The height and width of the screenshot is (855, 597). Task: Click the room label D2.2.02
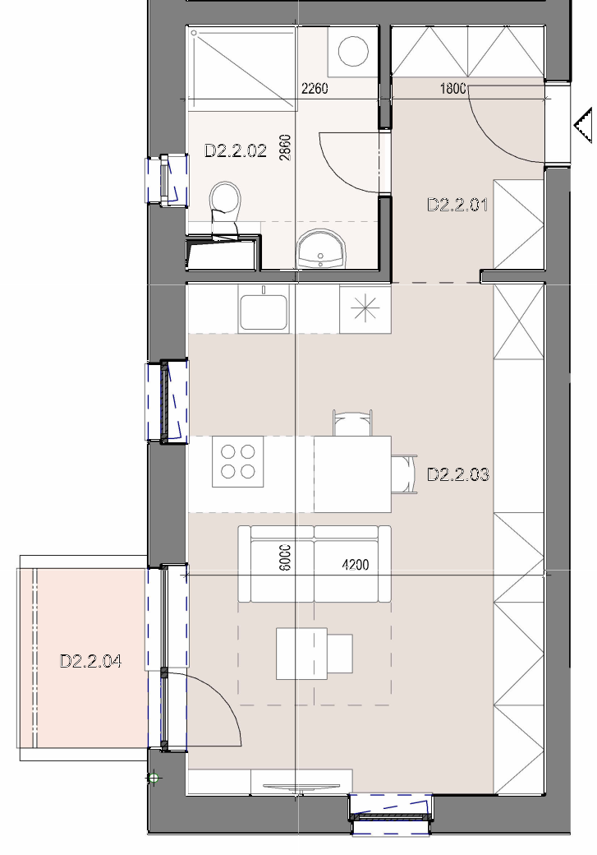[x=236, y=150]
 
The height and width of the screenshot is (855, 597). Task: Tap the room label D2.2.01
[x=457, y=205]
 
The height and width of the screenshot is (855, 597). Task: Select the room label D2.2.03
[x=458, y=474]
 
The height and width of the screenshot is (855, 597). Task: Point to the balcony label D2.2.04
[x=90, y=661]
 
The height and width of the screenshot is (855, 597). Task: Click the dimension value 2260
[x=315, y=88]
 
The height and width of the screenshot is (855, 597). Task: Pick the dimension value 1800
[x=452, y=88]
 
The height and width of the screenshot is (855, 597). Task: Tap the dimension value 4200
[x=355, y=565]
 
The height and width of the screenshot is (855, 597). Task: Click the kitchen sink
[x=264, y=312]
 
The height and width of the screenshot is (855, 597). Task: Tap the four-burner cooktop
[x=238, y=461]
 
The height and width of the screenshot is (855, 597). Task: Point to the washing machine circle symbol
[x=353, y=51]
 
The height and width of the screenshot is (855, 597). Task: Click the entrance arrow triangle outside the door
[x=583, y=126]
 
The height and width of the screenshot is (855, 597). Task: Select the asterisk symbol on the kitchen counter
[x=365, y=309]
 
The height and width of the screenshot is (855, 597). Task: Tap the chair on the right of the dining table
[x=404, y=474]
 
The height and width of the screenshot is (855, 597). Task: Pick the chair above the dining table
[x=352, y=423]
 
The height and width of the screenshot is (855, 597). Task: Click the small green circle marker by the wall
[x=154, y=778]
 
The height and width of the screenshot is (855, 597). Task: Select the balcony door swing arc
[x=222, y=698]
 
